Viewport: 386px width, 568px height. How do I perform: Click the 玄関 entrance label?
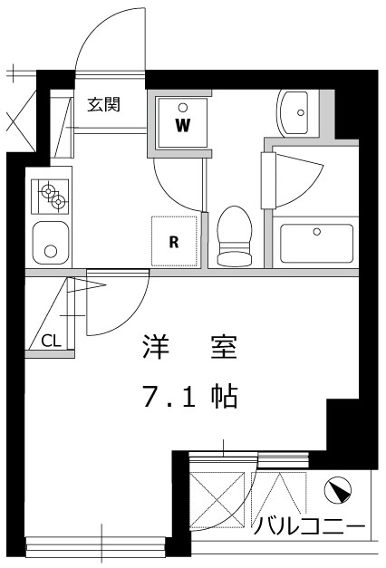104,103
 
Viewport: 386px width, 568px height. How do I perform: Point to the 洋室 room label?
188,346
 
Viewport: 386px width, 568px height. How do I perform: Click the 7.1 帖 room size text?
189,395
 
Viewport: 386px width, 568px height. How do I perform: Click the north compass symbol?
336,491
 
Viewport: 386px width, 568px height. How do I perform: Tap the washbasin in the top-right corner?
294,112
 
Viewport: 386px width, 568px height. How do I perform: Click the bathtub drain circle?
316,231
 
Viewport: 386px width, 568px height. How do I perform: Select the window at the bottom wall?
95,544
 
